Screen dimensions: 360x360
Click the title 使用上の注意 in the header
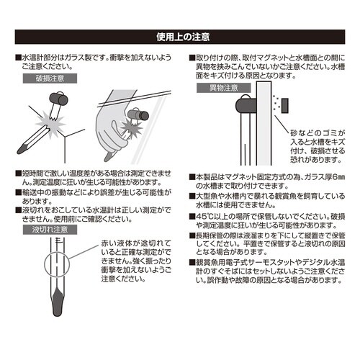click(180, 36)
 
